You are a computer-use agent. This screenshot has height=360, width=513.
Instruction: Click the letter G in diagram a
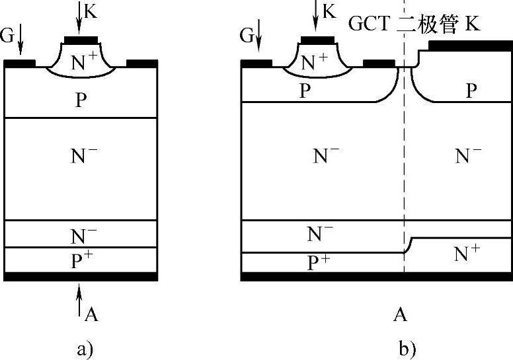pyautogui.click(x=7, y=36)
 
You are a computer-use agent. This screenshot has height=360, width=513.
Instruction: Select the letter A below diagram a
pyautogui.click(x=92, y=314)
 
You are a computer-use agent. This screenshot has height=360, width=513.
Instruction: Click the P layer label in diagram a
pyautogui.click(x=81, y=100)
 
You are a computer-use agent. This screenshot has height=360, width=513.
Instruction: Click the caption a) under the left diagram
pyautogui.click(x=83, y=349)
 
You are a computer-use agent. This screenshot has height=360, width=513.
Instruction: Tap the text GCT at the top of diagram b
pyautogui.click(x=372, y=25)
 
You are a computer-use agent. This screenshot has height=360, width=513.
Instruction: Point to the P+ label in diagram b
pyautogui.click(x=319, y=262)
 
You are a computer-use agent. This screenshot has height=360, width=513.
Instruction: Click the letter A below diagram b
pyautogui.click(x=400, y=314)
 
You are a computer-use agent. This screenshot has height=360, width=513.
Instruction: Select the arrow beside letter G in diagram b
pyautogui.click(x=258, y=37)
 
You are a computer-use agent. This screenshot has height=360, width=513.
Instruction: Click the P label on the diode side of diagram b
pyautogui.click(x=471, y=90)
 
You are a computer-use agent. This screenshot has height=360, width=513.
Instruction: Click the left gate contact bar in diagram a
pyautogui.click(x=20, y=63)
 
